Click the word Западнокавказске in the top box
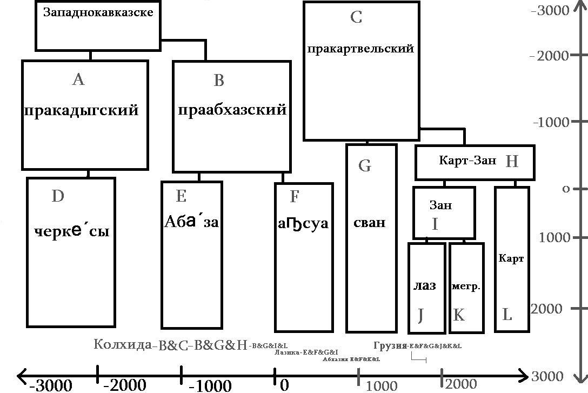[x=98, y=12]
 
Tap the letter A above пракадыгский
[x=78, y=80]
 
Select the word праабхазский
[x=232, y=110]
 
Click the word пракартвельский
[x=360, y=49]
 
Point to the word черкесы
[x=72, y=231]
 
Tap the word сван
[x=370, y=222]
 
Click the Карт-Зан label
[x=467, y=161]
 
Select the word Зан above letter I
[x=440, y=205]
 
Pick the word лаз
[x=424, y=286]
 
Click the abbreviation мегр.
[x=466, y=287]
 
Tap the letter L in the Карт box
[x=507, y=315]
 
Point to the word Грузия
[x=390, y=345]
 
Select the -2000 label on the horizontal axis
[x=124, y=385]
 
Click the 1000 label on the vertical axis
[x=552, y=237]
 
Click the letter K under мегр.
[x=458, y=315]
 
